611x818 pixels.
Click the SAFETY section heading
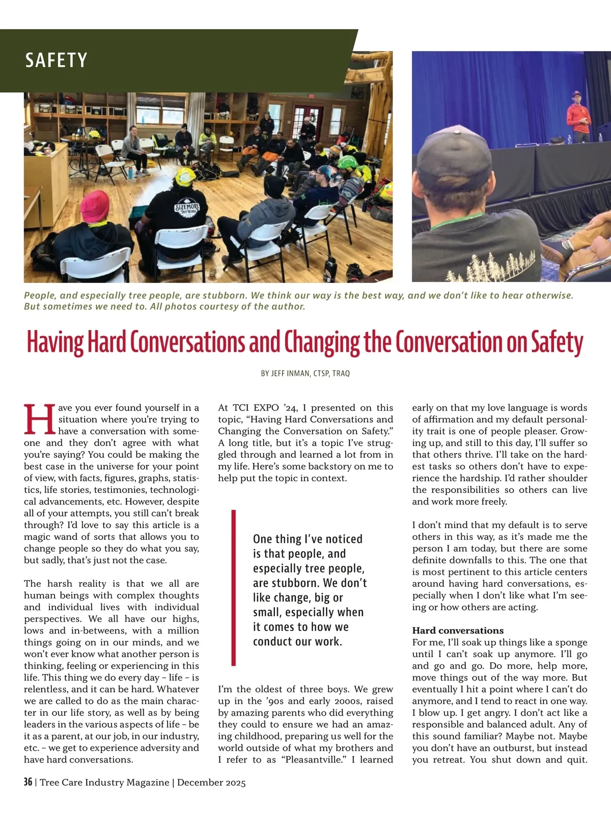56,60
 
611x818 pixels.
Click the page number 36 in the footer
28,782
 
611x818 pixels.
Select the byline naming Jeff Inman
305,373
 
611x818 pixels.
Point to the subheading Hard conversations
458,630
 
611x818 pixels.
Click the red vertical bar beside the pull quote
234,587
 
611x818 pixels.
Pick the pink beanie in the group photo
96,207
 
